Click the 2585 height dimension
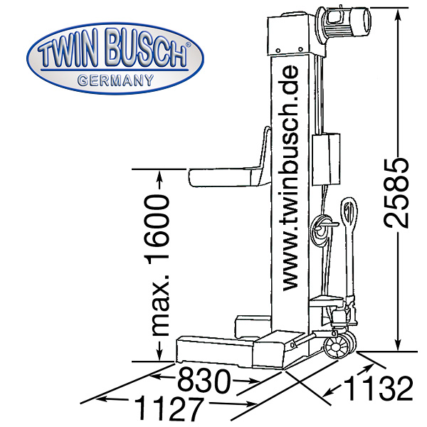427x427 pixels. pos(396,193)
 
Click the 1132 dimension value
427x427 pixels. pos(379,389)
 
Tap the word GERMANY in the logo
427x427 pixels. pos(115,80)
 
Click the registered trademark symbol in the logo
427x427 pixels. pos(188,45)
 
